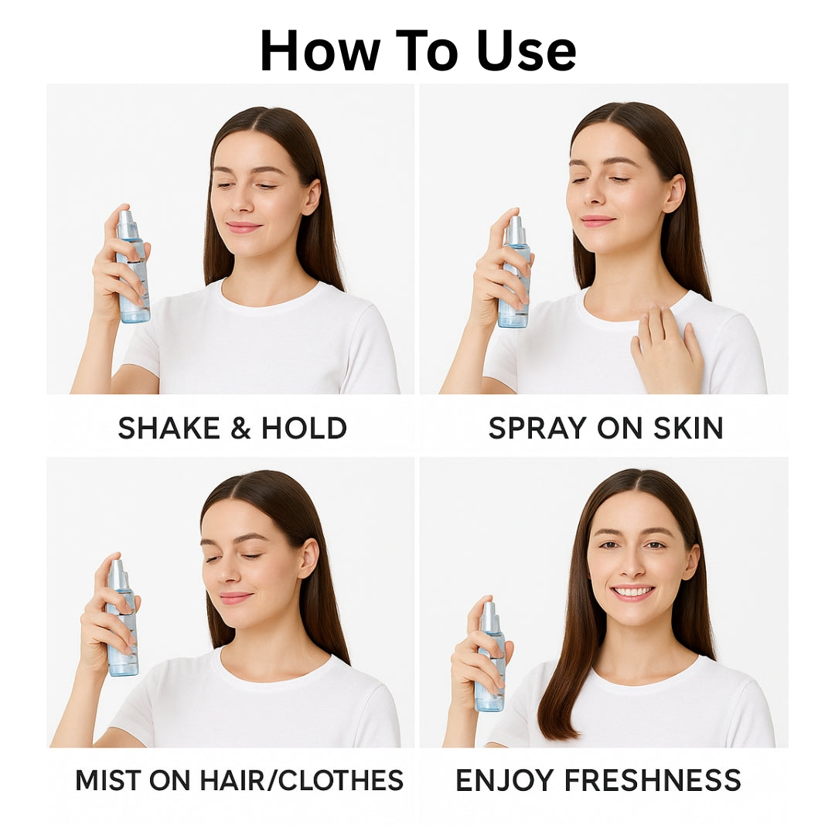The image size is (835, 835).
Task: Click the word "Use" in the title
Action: point(527,51)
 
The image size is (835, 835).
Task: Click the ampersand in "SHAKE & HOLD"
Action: point(240,428)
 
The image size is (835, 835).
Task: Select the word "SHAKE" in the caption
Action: point(169,428)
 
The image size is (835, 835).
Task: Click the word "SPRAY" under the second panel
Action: point(537,428)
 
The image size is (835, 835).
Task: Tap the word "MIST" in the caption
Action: point(107,780)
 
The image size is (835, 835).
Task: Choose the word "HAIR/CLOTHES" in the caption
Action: point(302,780)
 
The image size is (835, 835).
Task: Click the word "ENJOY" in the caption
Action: point(504,780)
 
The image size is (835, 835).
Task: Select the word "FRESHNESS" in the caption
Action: point(653,780)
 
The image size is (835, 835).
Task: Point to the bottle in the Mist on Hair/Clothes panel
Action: point(122,618)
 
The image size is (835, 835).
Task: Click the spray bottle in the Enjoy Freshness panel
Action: point(490,656)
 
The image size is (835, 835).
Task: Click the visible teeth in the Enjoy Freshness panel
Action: point(632,591)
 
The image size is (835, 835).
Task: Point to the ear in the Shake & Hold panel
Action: point(311,196)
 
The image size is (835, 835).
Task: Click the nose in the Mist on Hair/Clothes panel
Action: point(228,572)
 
